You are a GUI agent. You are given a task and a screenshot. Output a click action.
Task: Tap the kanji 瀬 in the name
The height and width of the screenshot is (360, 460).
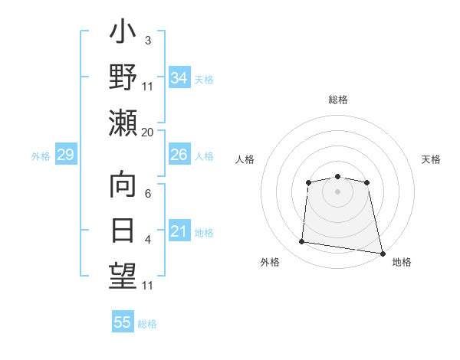pyautogui.click(x=123, y=123)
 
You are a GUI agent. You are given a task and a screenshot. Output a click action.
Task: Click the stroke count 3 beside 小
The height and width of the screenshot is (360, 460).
pyautogui.click(x=147, y=40)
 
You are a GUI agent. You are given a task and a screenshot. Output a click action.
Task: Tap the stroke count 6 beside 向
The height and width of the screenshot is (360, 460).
pyautogui.click(x=147, y=194)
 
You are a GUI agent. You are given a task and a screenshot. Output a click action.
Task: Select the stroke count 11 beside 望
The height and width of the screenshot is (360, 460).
pyautogui.click(x=148, y=286)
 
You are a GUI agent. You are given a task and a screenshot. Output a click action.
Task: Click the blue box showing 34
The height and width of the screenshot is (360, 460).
pyautogui.click(x=179, y=78)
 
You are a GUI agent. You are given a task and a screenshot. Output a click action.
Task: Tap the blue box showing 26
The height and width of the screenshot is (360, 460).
pyautogui.click(x=179, y=155)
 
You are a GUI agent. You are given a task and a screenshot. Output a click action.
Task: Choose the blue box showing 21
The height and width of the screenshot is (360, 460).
pyautogui.click(x=179, y=232)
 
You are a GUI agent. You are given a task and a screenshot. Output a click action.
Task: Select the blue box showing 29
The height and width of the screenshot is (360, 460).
pyautogui.click(x=65, y=155)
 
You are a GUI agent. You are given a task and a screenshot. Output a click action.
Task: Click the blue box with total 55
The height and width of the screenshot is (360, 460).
pyautogui.click(x=123, y=322)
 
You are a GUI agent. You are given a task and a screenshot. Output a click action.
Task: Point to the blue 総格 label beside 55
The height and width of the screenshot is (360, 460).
pyautogui.click(x=147, y=324)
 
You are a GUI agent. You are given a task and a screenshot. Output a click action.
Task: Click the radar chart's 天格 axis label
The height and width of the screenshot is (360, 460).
pyautogui.click(x=432, y=159)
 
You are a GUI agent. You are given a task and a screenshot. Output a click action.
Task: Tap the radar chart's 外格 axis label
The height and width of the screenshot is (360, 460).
pyautogui.click(x=270, y=262)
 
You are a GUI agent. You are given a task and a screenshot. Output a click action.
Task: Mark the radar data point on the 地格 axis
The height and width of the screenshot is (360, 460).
pyautogui.click(x=382, y=253)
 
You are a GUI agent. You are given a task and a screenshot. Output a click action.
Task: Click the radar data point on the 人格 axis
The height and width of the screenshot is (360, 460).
pyautogui.click(x=308, y=182)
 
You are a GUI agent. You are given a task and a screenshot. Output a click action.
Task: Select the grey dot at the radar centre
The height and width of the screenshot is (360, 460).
pyautogui.click(x=337, y=191)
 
